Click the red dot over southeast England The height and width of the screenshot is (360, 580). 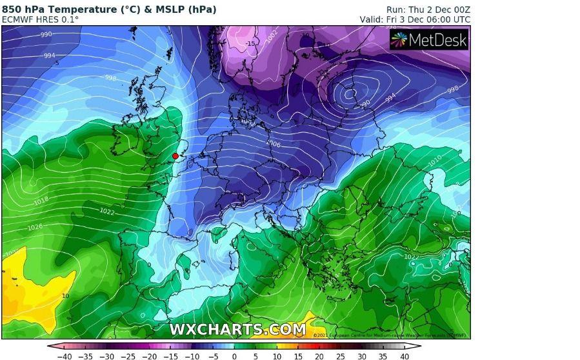point(175,156)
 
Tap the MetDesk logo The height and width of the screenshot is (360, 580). point(429,40)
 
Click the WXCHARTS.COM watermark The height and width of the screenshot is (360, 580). point(237,329)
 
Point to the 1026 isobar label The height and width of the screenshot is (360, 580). point(35,227)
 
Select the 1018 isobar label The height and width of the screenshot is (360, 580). point(41,201)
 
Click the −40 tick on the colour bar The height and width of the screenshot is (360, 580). point(65,355)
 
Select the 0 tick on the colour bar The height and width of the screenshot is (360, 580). point(234,355)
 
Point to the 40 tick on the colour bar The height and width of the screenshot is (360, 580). point(405,355)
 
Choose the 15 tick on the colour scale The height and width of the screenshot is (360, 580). point(298,355)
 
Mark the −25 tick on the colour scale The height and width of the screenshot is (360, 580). point(128,355)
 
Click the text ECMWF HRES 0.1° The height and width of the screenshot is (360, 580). point(40,19)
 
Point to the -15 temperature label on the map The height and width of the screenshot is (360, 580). point(251,43)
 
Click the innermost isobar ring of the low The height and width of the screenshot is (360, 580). point(350,94)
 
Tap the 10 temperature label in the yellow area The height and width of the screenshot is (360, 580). point(65,296)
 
